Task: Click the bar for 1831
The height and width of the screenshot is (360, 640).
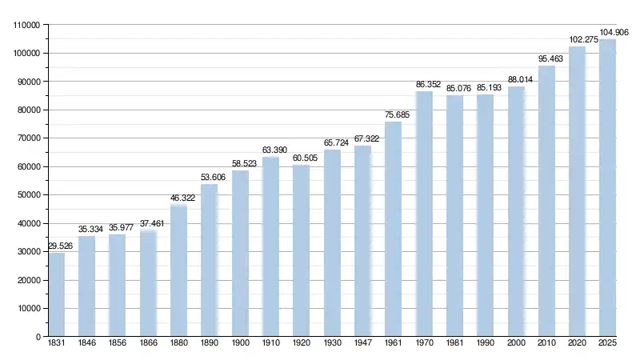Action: pyautogui.click(x=57, y=294)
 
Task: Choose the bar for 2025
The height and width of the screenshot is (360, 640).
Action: pyautogui.click(x=607, y=187)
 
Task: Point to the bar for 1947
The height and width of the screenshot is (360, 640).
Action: pyautogui.click(x=362, y=241)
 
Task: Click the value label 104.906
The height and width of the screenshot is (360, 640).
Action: pyautogui.click(x=607, y=32)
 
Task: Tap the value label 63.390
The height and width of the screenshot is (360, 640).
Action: pyautogui.click(x=271, y=150)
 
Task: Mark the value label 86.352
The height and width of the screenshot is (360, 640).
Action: pyautogui.click(x=424, y=84)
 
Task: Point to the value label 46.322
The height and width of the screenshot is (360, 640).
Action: pyautogui.click(x=179, y=198)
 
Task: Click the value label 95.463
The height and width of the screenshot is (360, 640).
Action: pyautogui.click(x=546, y=58)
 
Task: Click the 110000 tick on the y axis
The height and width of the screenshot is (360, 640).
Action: pyautogui.click(x=26, y=25)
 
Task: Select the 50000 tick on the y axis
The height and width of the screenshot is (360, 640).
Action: pyautogui.click(x=29, y=195)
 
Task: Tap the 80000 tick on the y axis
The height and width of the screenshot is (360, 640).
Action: pyautogui.click(x=29, y=110)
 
